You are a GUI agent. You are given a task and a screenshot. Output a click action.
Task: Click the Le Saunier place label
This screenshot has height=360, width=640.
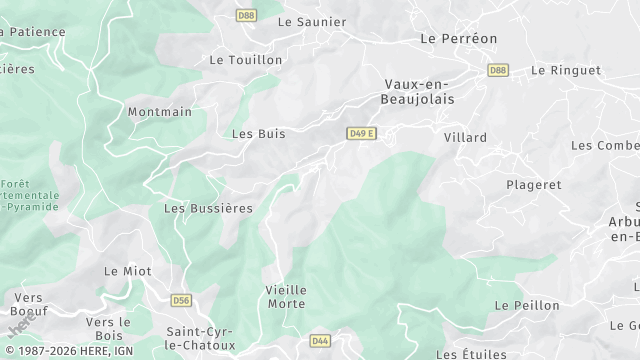pyautogui.click(x=312, y=21)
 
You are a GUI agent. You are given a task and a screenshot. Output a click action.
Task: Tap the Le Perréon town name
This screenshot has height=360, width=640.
pyautogui.click(x=459, y=38)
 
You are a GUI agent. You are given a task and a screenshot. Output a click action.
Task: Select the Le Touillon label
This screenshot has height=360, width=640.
pyautogui.click(x=246, y=60)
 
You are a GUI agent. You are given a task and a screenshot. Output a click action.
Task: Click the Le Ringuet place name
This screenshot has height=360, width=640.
pyautogui.click(x=566, y=70)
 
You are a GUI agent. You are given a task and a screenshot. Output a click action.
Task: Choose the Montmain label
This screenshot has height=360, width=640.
pyautogui.click(x=160, y=112)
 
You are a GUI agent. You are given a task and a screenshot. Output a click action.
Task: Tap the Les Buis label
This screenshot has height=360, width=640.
pyautogui.click(x=259, y=133)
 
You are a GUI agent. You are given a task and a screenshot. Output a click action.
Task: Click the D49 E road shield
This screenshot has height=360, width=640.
pyautogui.click(x=361, y=133)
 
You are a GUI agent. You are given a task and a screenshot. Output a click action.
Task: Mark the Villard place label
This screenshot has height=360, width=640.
pyautogui.click(x=465, y=137)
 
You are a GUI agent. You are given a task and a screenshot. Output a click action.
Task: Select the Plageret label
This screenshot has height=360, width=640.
pyautogui.click(x=534, y=185)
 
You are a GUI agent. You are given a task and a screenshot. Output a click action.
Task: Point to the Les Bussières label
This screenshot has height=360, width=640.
pyautogui.click(x=208, y=208)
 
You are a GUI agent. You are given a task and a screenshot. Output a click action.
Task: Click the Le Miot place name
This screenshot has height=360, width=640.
pyautogui.click(x=126, y=271)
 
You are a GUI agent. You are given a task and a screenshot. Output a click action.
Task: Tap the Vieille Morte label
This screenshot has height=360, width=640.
pyautogui.click(x=286, y=296)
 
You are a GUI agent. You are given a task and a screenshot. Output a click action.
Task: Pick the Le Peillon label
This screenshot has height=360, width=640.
pyautogui.click(x=523, y=304)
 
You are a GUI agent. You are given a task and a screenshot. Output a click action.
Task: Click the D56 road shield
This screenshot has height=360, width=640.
pyautogui.click(x=181, y=300)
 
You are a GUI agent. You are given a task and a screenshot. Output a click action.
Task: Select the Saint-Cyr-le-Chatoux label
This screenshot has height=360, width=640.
pyautogui.click(x=201, y=338)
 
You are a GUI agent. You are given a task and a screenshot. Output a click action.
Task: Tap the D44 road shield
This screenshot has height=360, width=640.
pyautogui.click(x=320, y=341)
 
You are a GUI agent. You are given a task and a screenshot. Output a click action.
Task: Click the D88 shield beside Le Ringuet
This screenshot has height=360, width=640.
pyautogui.click(x=497, y=70)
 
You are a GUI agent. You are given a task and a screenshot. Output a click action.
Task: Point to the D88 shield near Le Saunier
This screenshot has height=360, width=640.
pyautogui.click(x=246, y=15)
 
